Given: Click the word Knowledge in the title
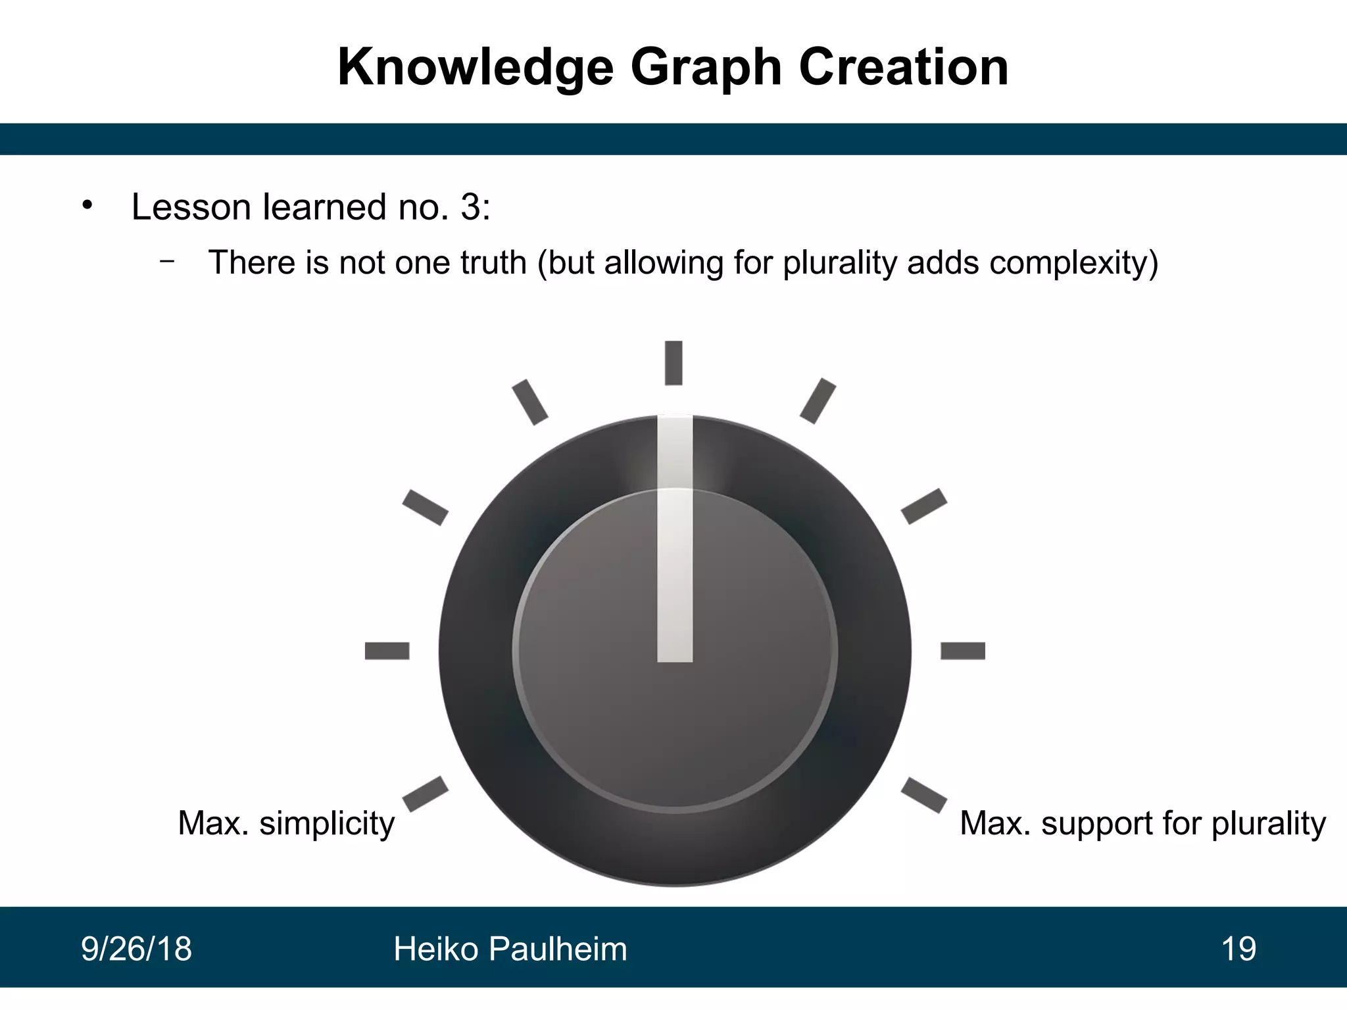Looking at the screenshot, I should [475, 68].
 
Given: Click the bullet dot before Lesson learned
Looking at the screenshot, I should [87, 206].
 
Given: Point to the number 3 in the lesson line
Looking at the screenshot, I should [471, 207].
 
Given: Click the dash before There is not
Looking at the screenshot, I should [167, 261].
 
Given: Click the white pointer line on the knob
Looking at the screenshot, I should [675, 539].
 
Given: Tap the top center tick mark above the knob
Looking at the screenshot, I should [673, 362].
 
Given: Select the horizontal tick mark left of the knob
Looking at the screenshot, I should [387, 651].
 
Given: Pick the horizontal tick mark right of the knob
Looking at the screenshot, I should [963, 651].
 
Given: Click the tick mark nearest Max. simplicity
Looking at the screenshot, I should [425, 794].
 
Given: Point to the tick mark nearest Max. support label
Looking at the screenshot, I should [924, 794].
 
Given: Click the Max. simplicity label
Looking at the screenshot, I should [286, 823].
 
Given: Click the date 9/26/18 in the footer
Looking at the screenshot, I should [136, 949].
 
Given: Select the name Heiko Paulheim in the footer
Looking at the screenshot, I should [510, 949].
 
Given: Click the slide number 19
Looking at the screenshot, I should [1238, 949].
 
